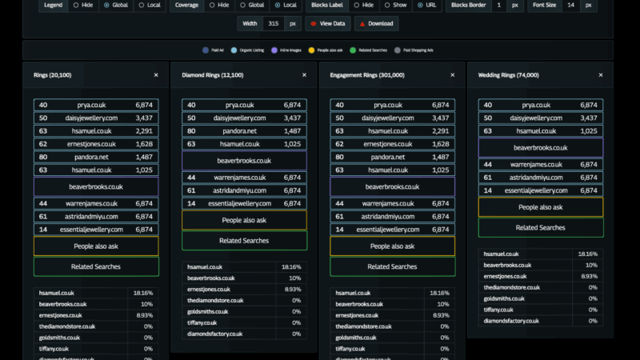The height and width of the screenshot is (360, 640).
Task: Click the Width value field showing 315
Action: point(274,23)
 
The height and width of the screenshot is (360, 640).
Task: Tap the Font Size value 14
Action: point(570,5)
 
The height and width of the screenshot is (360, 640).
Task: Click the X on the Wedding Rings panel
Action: point(601,74)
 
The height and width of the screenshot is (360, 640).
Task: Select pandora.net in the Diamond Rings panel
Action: point(244,131)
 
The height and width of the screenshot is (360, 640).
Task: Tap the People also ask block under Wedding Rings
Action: point(541,207)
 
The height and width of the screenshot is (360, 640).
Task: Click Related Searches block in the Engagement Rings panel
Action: point(392,266)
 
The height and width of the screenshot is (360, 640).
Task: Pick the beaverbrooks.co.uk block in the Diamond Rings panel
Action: point(244,160)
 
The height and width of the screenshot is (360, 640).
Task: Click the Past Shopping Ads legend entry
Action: point(414,49)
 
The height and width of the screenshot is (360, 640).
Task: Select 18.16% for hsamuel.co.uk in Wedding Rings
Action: point(587,254)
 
